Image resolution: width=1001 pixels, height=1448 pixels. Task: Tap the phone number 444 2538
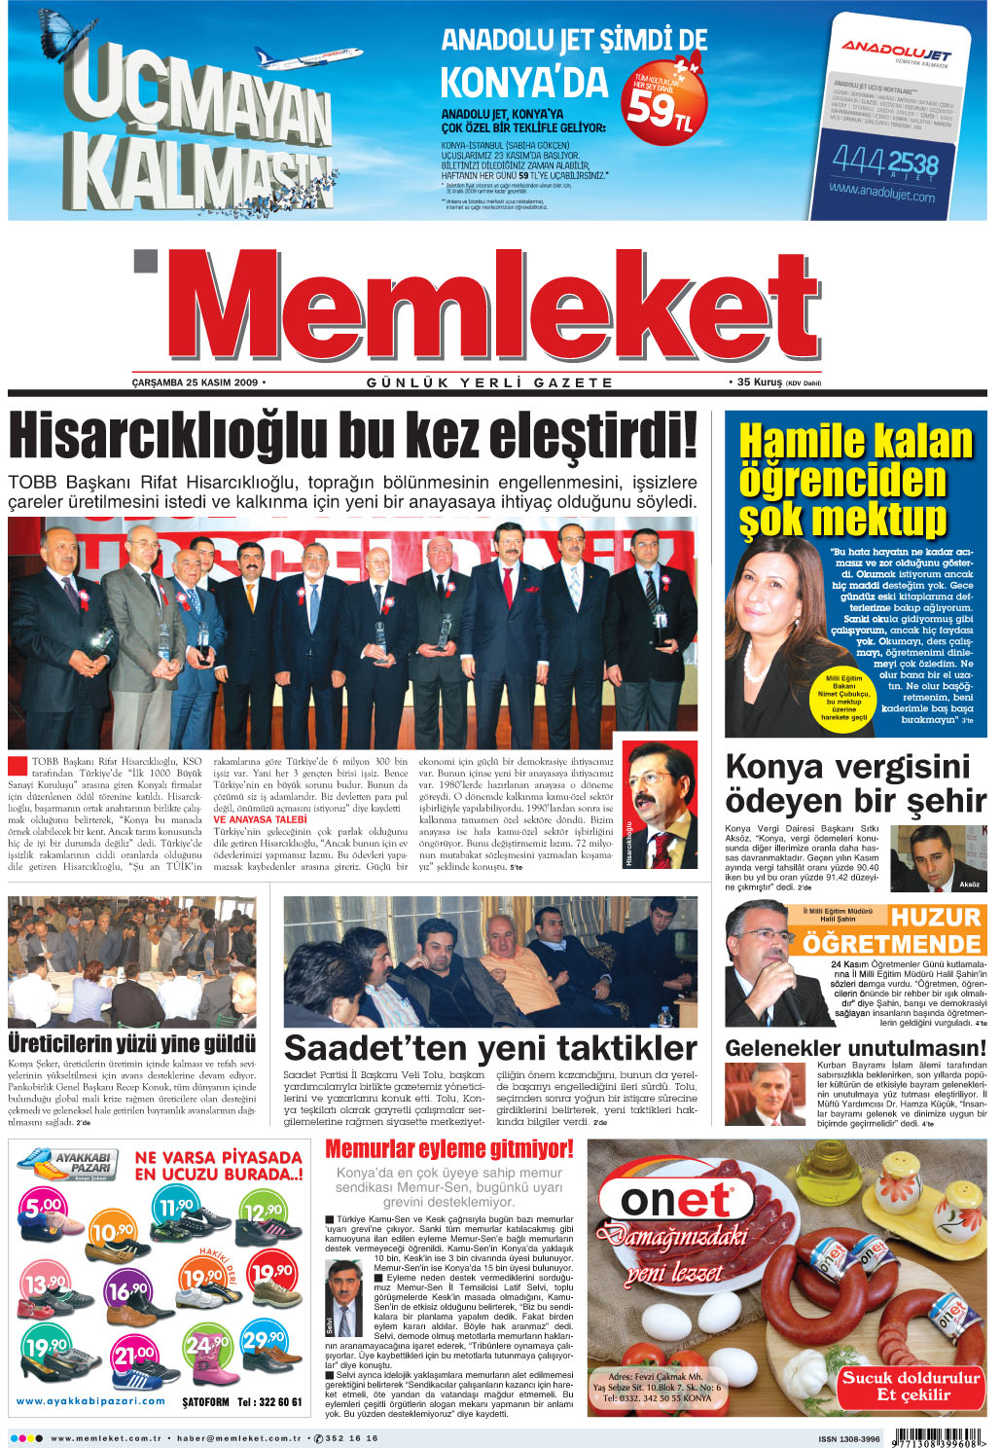point(884,162)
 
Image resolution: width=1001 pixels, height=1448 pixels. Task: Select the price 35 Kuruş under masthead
point(760,382)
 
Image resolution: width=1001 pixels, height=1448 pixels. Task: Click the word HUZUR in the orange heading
point(935,918)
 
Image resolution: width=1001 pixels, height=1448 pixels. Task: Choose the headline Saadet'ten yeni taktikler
point(489,1048)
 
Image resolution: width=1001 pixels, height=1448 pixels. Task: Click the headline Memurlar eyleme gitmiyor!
point(448,1149)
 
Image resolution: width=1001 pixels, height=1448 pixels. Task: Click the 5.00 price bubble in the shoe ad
point(43,1207)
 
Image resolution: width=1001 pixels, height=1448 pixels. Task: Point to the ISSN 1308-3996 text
point(848,1438)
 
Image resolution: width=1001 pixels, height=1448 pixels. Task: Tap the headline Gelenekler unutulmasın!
point(855,1048)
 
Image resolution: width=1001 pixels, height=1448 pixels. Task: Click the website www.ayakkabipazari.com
point(90,1401)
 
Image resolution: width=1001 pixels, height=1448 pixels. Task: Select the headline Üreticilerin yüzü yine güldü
point(131,1044)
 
